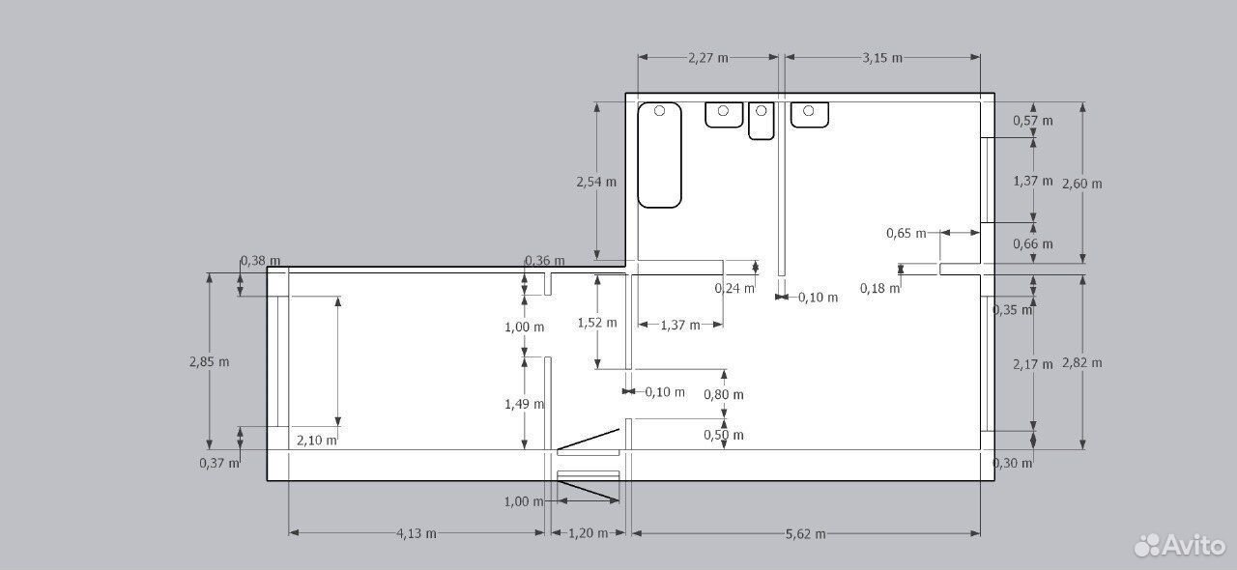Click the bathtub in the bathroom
659,155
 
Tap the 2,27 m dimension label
708,57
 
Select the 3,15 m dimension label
882,57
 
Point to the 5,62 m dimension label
806,533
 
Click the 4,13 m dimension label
417,533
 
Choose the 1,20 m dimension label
589,533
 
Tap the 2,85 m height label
210,361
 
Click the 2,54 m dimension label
596,182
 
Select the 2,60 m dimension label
1081,184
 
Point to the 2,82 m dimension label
1081,363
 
